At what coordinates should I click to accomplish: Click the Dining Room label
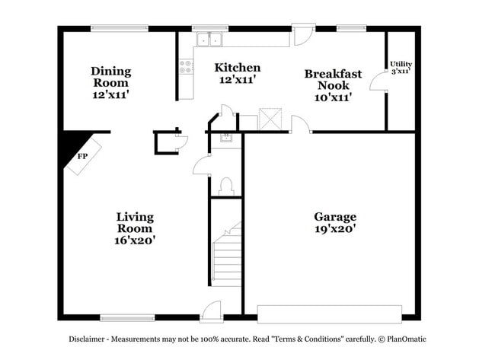111,83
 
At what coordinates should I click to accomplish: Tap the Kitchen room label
238,73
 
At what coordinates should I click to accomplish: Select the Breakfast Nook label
333,85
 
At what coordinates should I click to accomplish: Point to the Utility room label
401,68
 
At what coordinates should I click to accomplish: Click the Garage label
335,222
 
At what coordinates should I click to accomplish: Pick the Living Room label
135,228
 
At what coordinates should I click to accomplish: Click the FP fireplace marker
82,156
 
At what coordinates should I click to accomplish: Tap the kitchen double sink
209,39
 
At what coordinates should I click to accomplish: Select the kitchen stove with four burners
187,66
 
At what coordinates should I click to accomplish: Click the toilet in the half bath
226,186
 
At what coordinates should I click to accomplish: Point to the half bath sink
226,138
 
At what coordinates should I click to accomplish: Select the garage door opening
330,314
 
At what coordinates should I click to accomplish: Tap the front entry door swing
210,312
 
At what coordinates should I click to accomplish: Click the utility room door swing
378,81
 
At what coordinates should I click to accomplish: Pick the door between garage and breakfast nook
301,124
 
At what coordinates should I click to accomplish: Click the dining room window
120,28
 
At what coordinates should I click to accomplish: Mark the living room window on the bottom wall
127,317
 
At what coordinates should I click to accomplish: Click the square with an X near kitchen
270,119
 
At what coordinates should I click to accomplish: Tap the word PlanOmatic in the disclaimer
407,339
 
